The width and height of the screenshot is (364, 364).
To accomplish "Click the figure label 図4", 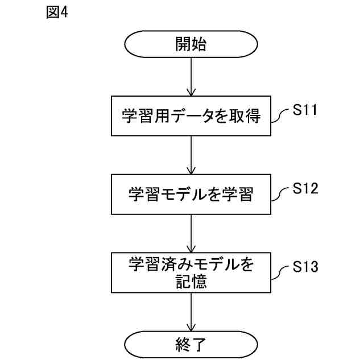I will (56, 13).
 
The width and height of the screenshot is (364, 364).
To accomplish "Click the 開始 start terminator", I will (191, 45).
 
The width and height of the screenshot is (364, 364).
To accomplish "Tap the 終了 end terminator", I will (191, 344).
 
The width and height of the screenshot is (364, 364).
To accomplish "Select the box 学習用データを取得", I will (191, 117).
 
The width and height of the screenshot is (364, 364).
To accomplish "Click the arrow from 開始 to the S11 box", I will (191, 77).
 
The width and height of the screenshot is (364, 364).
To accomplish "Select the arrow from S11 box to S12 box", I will (191, 155).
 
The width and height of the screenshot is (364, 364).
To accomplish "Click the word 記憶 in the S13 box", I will (191, 281).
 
